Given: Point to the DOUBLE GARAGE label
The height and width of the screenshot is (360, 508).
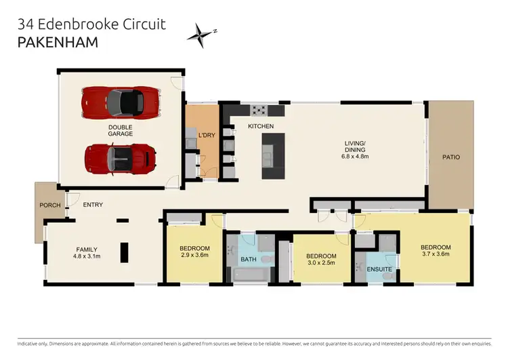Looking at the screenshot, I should coord(120,130).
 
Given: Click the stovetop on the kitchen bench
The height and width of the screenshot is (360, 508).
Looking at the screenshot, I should coord(259,111).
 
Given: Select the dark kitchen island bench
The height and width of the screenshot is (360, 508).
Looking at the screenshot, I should coord(274,155).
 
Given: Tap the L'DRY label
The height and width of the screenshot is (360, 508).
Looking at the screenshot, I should coord(206,136).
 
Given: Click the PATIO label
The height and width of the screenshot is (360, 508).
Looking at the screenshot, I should coord(451,157).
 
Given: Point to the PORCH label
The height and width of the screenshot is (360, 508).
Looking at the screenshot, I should coord(51,205).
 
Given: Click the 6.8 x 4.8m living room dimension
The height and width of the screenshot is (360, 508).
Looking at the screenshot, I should coord(355,154).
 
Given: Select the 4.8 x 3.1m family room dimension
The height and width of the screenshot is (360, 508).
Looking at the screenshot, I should coord(87,256).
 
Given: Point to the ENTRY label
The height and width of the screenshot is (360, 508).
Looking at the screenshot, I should coord(93,205).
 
